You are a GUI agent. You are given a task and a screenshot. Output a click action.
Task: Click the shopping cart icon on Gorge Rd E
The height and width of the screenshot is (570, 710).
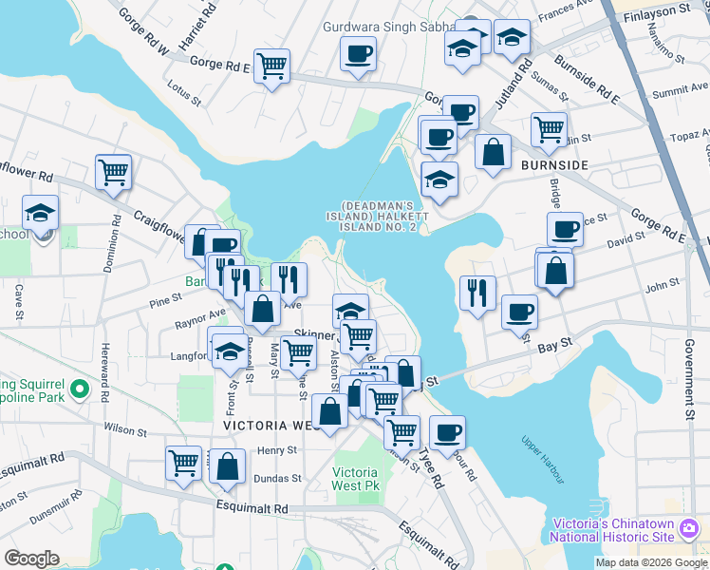coord(271,66)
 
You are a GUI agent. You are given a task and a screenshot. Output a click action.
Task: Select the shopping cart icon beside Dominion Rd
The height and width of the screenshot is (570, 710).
coord(113,172)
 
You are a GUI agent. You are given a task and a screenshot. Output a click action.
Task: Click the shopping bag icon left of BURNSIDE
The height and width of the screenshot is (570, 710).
coord(494,152)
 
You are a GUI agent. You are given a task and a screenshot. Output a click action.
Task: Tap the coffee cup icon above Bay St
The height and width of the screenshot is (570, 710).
coord(519,312)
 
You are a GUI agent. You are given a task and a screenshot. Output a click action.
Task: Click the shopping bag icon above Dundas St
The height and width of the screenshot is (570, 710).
coord(228,465)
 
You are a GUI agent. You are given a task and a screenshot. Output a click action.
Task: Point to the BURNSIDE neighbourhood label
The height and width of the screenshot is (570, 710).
coord(554,165)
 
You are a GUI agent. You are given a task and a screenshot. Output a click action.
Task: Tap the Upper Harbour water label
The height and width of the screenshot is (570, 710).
coord(542,452)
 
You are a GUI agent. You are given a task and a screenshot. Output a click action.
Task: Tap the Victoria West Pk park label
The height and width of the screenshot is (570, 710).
coord(356,480)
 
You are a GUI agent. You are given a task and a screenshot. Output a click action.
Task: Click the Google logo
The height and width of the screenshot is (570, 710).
coord(31,559)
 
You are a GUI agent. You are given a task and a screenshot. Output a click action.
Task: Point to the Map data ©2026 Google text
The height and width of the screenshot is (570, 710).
coord(650,562)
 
